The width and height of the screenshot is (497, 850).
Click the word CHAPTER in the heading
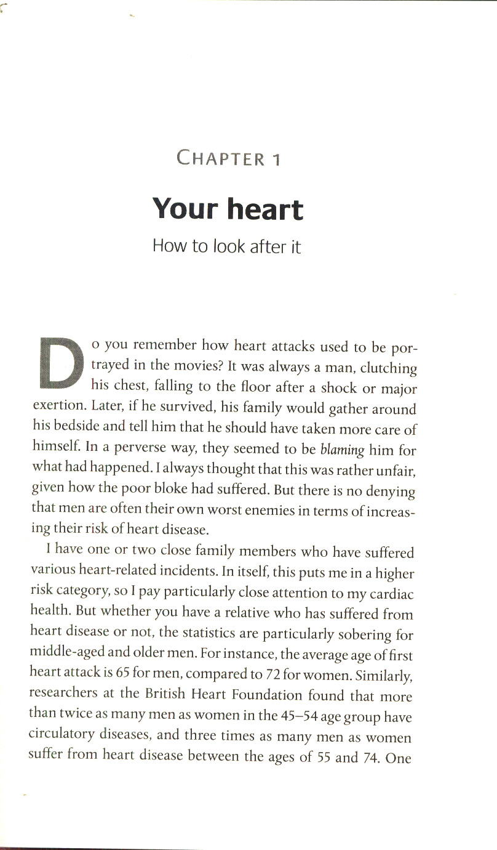220,158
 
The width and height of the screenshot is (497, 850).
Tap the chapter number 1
276,159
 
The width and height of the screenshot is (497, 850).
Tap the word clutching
388,368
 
